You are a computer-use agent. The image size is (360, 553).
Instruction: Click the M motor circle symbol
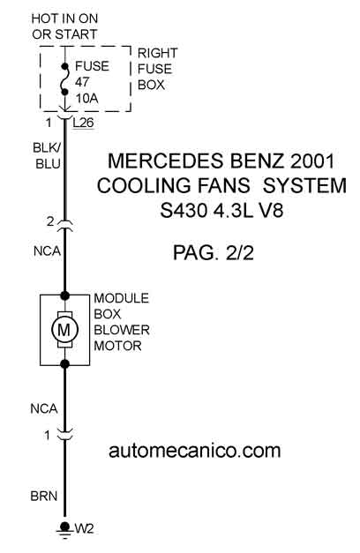(x=64, y=330)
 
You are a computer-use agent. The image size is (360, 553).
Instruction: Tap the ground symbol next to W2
(x=64, y=530)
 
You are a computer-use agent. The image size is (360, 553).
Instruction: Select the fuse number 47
(x=82, y=82)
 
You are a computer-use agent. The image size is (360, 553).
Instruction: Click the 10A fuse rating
(x=86, y=99)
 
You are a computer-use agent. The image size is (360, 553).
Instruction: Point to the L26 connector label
(x=84, y=123)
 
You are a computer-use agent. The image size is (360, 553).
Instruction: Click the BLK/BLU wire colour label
(x=47, y=155)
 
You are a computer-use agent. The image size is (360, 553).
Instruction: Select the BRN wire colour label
(x=44, y=496)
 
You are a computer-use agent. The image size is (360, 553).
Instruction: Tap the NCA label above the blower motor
(x=48, y=251)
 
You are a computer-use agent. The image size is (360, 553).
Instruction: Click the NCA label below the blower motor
(x=44, y=408)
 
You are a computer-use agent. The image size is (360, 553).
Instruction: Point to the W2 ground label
(x=85, y=529)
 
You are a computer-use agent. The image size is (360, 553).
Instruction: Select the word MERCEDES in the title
(x=166, y=161)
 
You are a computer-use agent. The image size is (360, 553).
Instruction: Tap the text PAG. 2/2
(x=214, y=253)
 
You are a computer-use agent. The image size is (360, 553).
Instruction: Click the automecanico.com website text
(x=194, y=451)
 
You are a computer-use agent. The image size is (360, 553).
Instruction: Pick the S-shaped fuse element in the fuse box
(x=64, y=79)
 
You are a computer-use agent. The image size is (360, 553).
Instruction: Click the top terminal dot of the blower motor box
(x=64, y=295)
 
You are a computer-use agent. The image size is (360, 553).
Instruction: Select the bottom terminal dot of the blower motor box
(x=64, y=364)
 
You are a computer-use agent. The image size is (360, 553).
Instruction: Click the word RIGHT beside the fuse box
(x=157, y=53)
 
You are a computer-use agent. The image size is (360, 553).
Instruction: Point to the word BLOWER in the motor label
(x=122, y=330)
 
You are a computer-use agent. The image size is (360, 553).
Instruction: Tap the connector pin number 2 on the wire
(x=50, y=221)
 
